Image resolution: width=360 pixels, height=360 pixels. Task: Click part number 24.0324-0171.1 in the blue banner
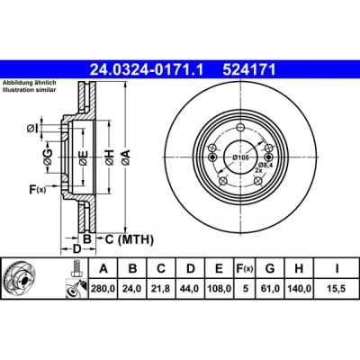click(x=147, y=70)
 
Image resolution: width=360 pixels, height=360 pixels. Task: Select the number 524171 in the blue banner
click(x=249, y=70)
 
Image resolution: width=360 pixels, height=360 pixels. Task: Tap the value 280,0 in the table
click(x=103, y=289)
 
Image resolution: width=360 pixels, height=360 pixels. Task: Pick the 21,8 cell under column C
click(x=161, y=289)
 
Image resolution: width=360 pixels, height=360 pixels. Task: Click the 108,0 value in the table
click(x=220, y=289)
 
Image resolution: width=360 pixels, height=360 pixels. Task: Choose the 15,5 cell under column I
click(x=337, y=289)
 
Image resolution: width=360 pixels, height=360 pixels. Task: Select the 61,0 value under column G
click(x=270, y=289)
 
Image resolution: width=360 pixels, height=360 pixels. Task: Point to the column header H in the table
click(x=299, y=268)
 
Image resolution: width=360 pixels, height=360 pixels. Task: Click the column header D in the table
click(x=191, y=268)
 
